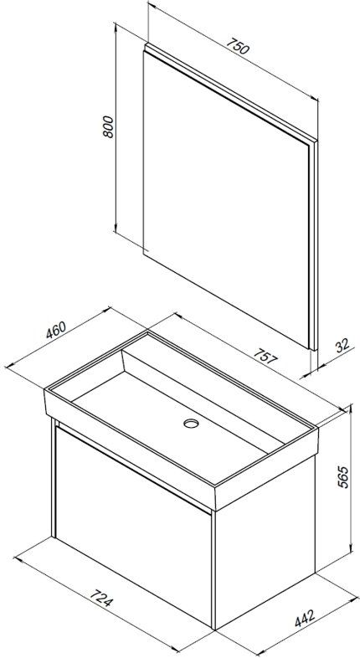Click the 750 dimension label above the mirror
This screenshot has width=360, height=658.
(238, 47)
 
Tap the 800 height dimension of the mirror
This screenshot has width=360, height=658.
(108, 126)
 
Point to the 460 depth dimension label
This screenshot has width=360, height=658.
(56, 331)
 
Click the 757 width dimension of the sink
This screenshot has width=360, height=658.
(265, 357)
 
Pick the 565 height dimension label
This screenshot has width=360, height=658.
(342, 476)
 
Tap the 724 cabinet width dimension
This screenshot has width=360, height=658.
(101, 599)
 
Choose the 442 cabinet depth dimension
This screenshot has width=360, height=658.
(305, 619)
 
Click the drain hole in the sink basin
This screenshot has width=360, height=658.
(191, 424)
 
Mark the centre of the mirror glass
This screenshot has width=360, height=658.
(226, 198)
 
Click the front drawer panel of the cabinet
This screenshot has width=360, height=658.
(133, 526)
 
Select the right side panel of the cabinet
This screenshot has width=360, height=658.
(265, 541)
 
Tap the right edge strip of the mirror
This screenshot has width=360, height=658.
(313, 245)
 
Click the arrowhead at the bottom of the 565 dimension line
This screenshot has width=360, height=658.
(350, 550)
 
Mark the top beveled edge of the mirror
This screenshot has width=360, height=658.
(230, 92)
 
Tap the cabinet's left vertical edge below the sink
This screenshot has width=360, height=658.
(54, 477)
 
